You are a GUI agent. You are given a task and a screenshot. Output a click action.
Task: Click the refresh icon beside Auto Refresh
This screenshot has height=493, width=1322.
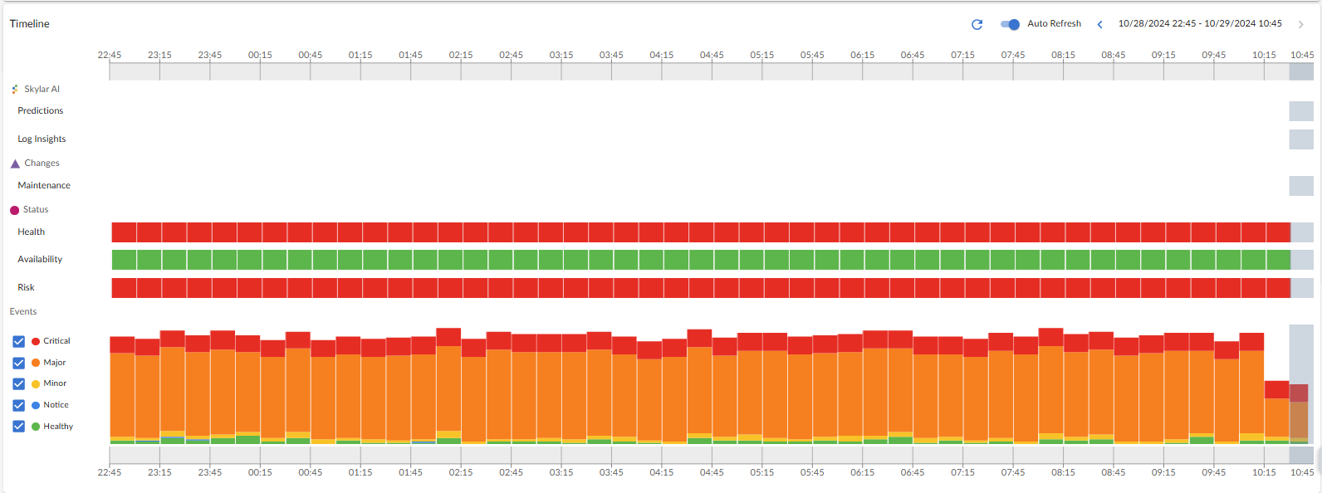(977, 24)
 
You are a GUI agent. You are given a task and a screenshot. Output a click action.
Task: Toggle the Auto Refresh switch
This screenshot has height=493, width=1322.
(1010, 24)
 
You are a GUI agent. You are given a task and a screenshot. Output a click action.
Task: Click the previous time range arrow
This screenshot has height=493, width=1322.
(1100, 24)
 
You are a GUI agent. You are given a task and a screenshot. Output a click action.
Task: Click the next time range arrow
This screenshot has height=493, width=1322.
(1300, 24)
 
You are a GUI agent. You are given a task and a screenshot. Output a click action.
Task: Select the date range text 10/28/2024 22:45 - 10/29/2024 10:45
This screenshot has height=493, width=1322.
(1200, 23)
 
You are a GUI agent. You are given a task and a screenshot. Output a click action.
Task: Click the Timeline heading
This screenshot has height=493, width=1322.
(30, 23)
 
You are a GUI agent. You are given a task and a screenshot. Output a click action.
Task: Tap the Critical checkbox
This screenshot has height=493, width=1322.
(19, 341)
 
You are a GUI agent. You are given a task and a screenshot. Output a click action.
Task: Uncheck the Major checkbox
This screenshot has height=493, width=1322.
(19, 363)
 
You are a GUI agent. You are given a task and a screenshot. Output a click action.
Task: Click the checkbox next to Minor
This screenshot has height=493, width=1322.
(19, 383)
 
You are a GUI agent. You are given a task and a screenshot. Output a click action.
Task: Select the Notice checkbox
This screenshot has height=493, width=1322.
(19, 405)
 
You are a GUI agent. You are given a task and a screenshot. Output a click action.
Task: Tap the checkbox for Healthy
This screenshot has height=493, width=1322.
(19, 427)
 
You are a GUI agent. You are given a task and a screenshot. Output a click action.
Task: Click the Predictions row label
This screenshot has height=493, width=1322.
(41, 110)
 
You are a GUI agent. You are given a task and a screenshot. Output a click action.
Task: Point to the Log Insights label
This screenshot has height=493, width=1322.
(42, 139)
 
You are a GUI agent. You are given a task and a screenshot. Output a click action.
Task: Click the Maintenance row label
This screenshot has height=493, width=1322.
(44, 185)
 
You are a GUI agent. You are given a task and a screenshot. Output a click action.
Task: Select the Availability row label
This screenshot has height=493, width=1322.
(40, 259)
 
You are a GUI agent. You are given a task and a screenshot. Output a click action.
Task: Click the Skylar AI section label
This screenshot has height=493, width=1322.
(42, 89)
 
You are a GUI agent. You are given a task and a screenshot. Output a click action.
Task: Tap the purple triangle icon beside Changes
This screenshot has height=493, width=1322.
(15, 164)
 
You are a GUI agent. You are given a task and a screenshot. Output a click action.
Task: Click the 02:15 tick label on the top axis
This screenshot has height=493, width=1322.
(461, 55)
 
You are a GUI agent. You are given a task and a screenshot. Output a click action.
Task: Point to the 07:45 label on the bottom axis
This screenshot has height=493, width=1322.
(1013, 472)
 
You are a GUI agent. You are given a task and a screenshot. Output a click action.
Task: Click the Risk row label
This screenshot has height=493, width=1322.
(27, 287)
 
